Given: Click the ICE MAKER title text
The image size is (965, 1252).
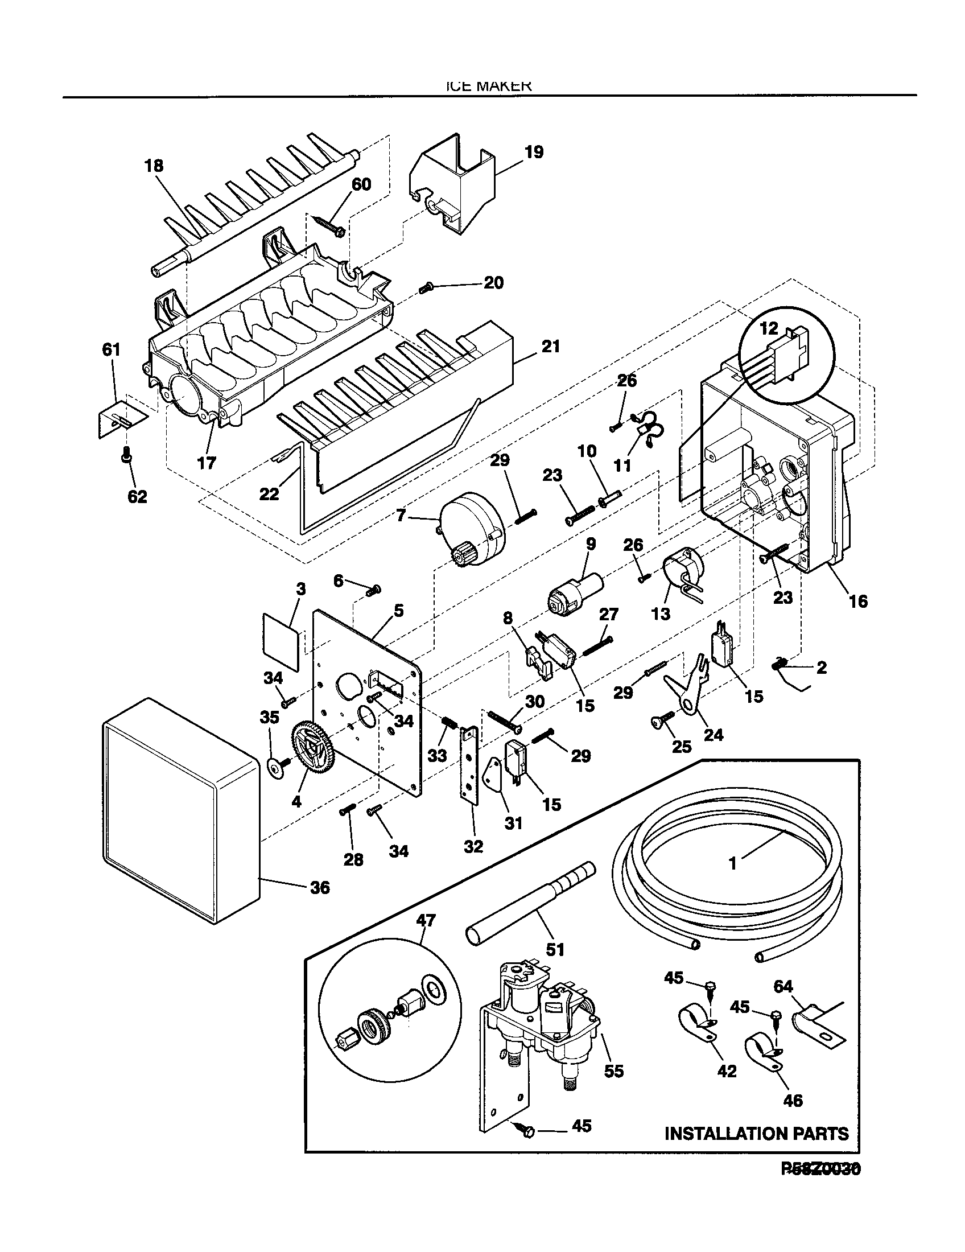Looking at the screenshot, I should click(488, 86).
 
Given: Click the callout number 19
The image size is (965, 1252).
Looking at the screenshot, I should click(533, 153).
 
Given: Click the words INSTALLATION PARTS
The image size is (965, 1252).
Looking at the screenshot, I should click(756, 1133).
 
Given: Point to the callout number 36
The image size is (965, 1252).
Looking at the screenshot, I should click(320, 887).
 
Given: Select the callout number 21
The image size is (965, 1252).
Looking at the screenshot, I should click(550, 346).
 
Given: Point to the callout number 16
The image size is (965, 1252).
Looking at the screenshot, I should click(858, 601).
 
